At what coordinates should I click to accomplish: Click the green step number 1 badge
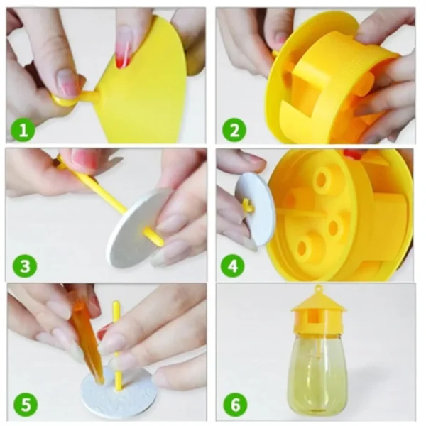point(23,131)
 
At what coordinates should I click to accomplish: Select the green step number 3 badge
point(23,267)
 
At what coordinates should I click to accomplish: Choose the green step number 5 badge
point(23,405)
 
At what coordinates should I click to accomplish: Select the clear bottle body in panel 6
point(317,369)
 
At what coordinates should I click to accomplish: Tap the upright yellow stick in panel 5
point(116,341)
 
